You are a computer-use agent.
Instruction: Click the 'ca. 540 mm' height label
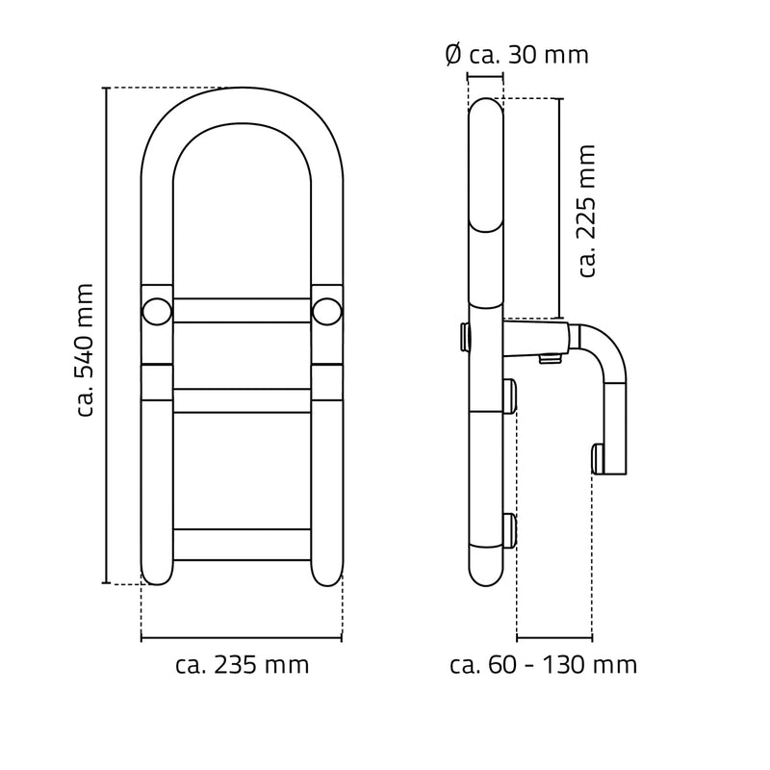(85, 350)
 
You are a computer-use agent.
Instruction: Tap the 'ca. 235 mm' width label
(243, 665)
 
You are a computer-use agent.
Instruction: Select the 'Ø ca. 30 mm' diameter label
(517, 55)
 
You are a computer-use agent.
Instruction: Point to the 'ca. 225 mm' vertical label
(588, 211)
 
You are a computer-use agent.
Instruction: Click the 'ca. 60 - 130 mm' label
(543, 665)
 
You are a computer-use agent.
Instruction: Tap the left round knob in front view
(157, 311)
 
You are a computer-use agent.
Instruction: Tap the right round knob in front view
(326, 311)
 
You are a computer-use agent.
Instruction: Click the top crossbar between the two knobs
(243, 310)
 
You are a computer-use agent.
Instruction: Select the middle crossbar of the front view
(243, 400)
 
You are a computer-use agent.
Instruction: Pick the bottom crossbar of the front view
(243, 545)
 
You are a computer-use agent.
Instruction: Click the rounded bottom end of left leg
(157, 576)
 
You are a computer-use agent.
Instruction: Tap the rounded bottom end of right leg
(327, 576)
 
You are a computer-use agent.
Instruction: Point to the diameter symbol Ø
(453, 55)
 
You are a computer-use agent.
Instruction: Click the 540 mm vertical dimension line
(106, 336)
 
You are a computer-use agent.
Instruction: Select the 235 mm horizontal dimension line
(242, 638)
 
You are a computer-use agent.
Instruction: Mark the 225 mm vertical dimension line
(559, 209)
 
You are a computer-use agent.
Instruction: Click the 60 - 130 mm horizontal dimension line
(554, 638)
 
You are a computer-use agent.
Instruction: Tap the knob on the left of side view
(464, 337)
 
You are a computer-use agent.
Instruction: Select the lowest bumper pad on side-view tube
(509, 531)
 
